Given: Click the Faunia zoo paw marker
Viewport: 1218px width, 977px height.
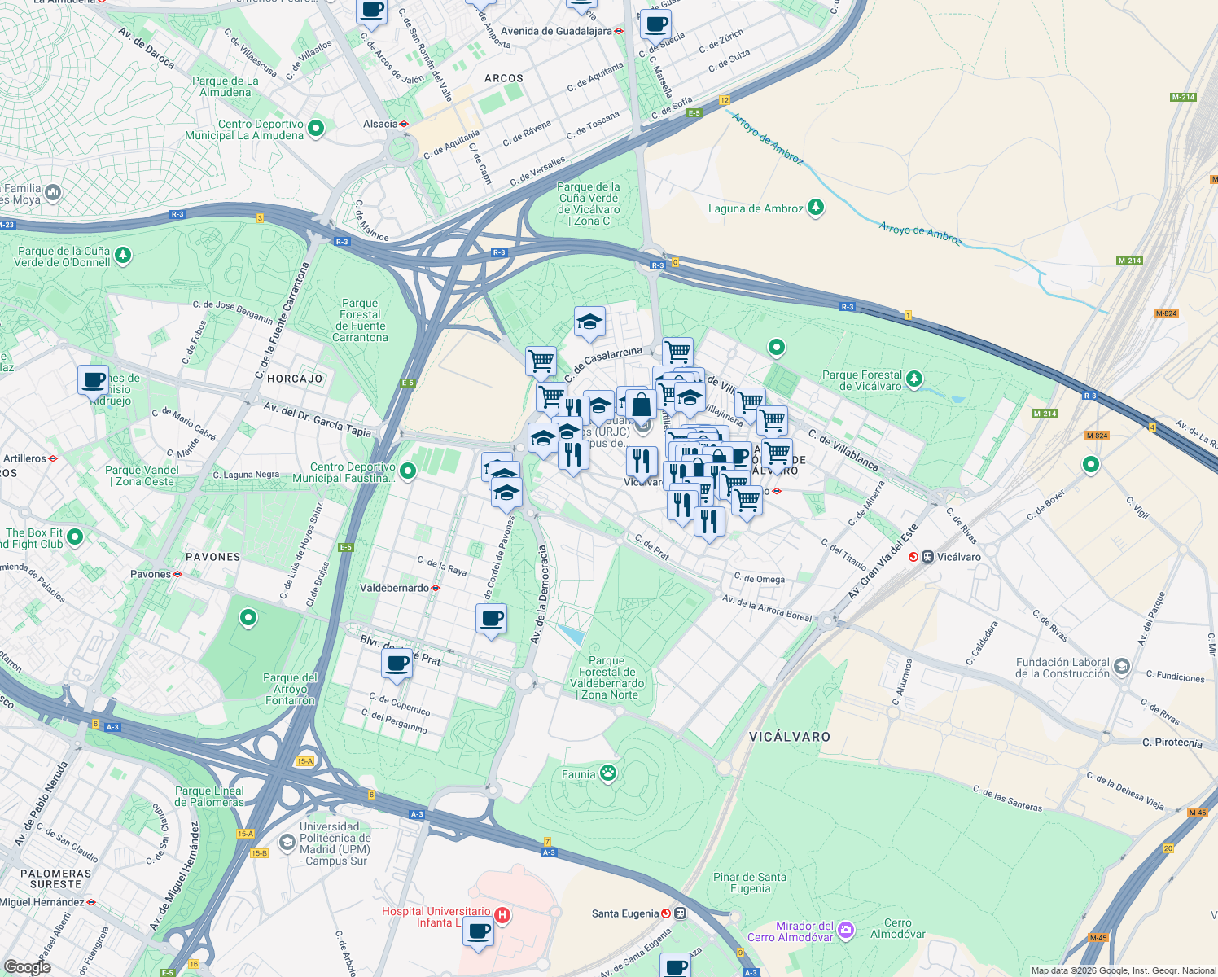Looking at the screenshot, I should [x=608, y=773].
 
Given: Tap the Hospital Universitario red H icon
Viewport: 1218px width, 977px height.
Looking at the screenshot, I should [x=502, y=915].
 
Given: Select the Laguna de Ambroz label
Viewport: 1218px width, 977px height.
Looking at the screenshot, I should [x=756, y=208].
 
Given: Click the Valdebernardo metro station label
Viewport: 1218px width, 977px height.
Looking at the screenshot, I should [x=394, y=588].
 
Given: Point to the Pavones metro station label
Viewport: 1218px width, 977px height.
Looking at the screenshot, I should [x=151, y=574].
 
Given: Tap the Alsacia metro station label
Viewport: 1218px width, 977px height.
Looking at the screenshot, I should [x=380, y=124].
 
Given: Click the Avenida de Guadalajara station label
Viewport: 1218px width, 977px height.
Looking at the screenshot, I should [x=556, y=31].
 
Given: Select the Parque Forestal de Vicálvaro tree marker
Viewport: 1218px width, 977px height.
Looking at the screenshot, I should [x=914, y=379].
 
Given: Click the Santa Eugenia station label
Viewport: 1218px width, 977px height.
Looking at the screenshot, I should [x=625, y=913].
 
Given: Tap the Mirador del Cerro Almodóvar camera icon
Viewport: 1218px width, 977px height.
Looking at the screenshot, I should [x=846, y=930].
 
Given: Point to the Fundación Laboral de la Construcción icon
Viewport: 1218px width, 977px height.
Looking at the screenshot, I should [x=1121, y=668].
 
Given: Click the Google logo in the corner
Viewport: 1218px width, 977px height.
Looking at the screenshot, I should [x=27, y=966].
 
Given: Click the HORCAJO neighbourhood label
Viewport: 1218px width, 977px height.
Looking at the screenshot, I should [x=295, y=379].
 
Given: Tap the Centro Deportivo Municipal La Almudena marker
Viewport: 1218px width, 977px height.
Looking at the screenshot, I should [x=316, y=129].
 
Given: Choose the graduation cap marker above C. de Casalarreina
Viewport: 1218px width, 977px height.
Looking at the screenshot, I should [x=589, y=322].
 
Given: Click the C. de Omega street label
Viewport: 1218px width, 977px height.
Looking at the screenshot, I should [x=759, y=579].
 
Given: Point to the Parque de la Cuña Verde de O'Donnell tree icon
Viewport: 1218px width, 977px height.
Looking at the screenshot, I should [x=123, y=256].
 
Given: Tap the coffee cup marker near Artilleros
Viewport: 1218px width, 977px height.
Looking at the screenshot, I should [x=93, y=380].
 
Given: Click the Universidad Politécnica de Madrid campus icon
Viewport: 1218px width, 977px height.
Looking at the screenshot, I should [x=287, y=843].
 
